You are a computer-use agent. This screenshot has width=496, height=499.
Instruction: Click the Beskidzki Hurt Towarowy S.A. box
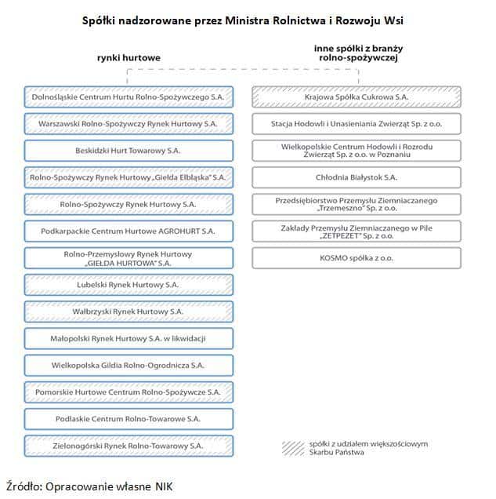coord(129,151)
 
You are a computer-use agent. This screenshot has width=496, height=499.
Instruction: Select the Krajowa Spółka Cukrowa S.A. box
coord(357,97)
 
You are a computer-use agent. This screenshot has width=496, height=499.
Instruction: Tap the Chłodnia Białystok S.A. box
coord(357,177)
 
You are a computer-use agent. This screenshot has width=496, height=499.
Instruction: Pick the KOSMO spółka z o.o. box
coord(357,258)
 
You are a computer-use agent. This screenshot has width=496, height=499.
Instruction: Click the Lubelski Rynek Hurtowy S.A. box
coord(129,285)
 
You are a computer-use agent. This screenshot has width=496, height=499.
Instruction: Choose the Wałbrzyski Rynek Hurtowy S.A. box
coord(129,311)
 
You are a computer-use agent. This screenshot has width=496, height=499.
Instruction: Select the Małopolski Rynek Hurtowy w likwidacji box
coord(129,338)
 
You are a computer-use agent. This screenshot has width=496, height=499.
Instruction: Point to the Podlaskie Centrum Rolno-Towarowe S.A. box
coord(129,419)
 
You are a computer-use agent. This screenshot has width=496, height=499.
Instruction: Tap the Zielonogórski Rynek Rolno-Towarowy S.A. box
coord(129,446)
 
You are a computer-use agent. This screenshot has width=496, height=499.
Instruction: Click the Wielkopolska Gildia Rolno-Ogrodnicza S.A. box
coord(129,365)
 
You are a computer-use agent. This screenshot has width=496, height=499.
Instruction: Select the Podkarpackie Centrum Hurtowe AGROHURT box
coord(129,231)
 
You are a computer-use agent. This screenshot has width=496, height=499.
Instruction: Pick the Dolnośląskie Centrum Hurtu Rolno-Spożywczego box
coord(129,97)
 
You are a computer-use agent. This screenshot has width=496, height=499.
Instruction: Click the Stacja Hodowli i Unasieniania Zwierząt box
coord(357,124)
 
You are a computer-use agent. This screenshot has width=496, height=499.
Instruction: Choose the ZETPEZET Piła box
coord(357,231)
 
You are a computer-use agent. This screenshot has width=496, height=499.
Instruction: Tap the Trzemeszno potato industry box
coord(357,205)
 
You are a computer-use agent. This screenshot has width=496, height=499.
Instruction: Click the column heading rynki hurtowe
coord(129,58)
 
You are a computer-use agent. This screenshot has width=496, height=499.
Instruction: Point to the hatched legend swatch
coord(292,447)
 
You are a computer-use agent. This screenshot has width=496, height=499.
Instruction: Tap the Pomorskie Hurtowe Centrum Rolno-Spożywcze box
coord(129,392)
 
